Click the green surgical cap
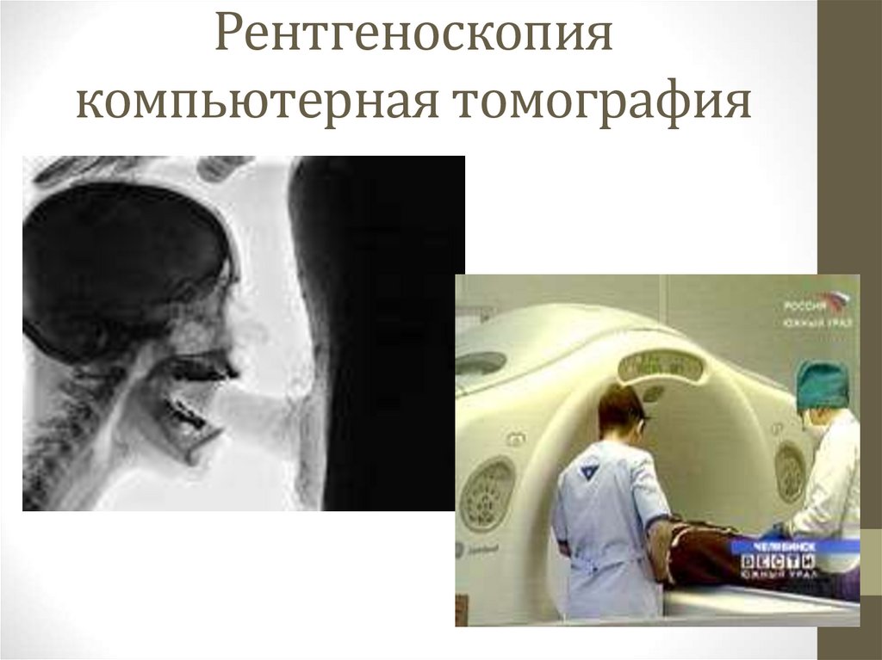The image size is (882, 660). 822,385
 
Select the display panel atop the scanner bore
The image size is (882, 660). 661,367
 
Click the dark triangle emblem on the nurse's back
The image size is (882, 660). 589,471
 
